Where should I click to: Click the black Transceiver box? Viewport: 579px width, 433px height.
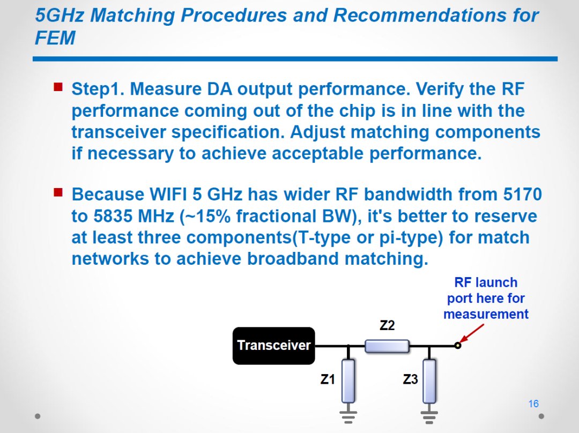273,346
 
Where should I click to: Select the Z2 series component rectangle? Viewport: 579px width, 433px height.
387,346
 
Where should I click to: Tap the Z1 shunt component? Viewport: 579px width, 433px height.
348,381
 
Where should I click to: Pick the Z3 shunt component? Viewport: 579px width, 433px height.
429,381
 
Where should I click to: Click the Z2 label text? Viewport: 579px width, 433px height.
387,325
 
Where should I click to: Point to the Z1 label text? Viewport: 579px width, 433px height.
328,379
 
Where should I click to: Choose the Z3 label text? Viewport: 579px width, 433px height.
410,379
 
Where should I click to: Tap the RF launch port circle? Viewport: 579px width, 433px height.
458,346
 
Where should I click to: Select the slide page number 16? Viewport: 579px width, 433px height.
533,404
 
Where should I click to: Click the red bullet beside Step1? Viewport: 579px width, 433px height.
58,87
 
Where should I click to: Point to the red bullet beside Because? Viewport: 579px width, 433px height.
58,192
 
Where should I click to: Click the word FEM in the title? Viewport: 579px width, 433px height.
55,38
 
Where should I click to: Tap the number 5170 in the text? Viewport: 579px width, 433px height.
523,194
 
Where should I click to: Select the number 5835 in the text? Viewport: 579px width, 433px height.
113,216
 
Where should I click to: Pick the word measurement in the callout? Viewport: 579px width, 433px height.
486,314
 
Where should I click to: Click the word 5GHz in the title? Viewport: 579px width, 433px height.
60,16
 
